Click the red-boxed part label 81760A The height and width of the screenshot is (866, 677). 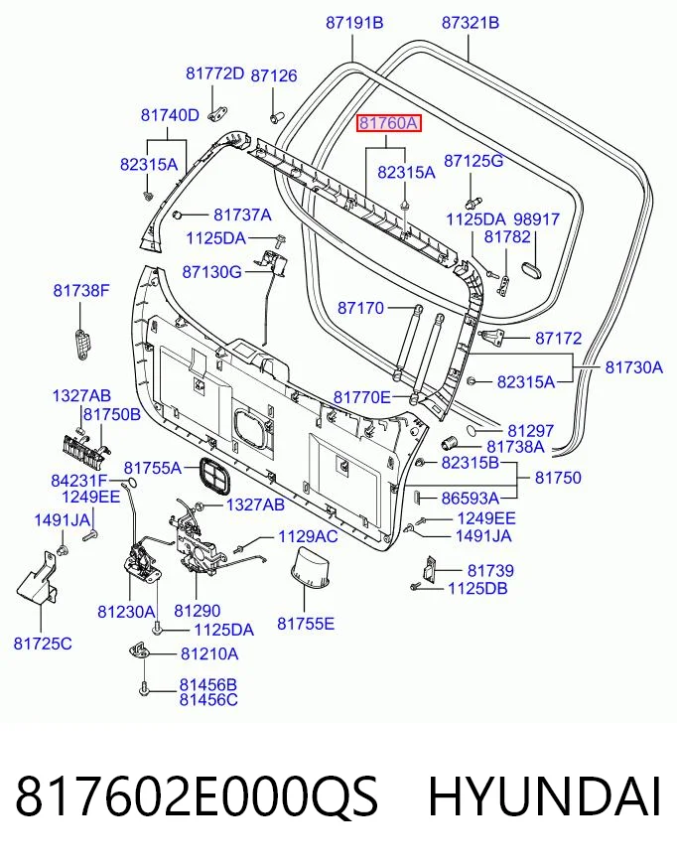[x=388, y=123]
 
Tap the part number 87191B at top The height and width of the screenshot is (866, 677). [x=354, y=23]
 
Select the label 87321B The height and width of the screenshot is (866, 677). [x=471, y=23]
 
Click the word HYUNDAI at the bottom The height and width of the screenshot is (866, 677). [x=544, y=796]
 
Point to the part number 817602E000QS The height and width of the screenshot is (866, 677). [x=198, y=796]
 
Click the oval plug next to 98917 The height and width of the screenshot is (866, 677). [x=532, y=270]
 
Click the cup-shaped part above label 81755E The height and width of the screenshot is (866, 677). [x=310, y=569]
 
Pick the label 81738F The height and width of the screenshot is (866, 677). [x=81, y=290]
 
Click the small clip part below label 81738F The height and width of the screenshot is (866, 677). [x=82, y=344]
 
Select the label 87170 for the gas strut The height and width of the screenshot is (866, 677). [x=360, y=308]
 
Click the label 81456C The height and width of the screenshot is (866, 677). [x=208, y=700]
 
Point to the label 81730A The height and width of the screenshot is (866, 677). [x=634, y=367]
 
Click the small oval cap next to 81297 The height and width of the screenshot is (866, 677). [x=474, y=430]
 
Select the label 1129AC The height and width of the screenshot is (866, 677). [x=308, y=536]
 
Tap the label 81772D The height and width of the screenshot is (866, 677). [x=214, y=73]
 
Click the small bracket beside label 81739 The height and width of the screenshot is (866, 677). [x=430, y=569]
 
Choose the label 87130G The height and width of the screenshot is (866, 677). [x=212, y=272]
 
